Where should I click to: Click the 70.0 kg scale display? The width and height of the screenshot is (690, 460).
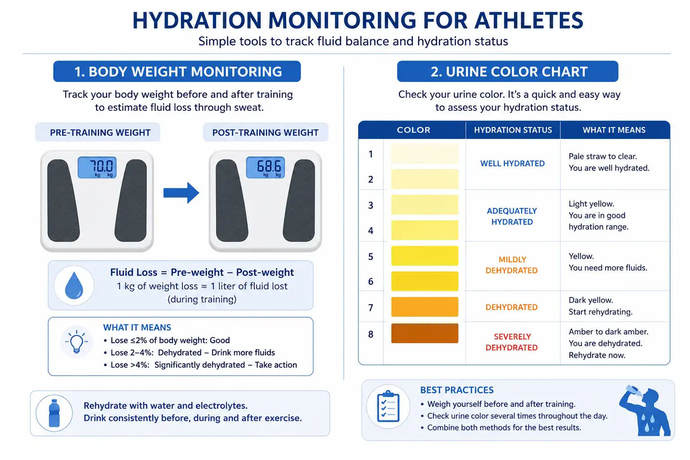97,167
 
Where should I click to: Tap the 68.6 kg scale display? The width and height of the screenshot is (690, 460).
265,167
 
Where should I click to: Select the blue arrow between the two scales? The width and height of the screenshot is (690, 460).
181,193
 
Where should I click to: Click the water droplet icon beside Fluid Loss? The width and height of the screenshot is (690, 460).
74,285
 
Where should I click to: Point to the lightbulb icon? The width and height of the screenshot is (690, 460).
76,341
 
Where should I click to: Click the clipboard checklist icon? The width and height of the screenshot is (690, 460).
388,407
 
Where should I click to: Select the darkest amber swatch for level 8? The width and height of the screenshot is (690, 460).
425,333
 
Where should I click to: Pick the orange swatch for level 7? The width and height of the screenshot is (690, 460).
425,307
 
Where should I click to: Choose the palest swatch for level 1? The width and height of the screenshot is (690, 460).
425,154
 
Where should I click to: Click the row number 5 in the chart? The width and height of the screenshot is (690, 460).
371,257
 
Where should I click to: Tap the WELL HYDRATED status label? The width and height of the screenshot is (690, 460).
513,164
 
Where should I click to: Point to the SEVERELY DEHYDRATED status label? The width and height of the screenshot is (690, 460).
512,342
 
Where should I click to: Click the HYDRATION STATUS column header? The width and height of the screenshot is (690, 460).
513,130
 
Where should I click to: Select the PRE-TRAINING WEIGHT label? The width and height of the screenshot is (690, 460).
100,133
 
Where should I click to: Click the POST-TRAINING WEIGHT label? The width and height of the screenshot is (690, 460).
265,133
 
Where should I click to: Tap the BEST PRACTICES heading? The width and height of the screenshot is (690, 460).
457,390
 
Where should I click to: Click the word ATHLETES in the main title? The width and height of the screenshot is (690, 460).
529,21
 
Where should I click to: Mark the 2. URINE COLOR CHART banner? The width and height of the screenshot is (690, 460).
508,71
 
